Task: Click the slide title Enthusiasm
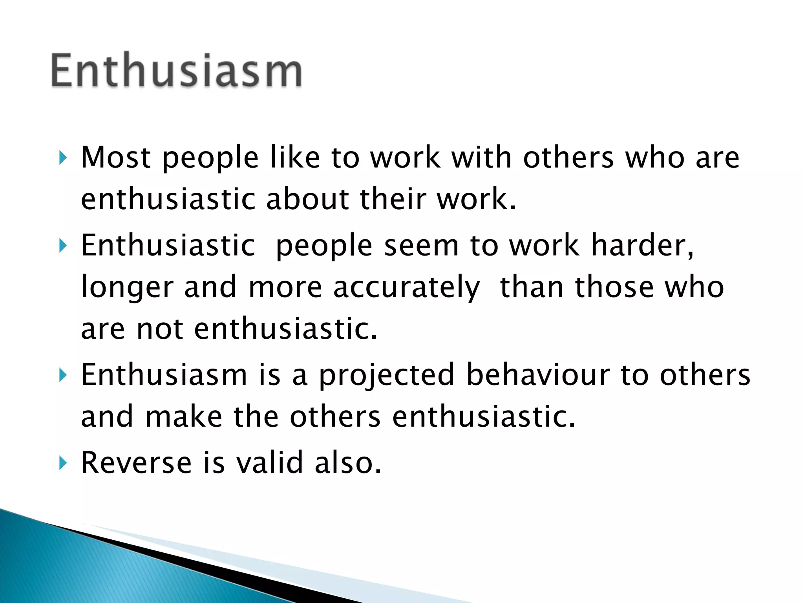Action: tap(177, 71)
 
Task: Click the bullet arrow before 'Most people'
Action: tap(63, 158)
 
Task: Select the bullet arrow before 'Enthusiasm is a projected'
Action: tap(63, 376)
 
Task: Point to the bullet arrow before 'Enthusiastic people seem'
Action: tap(63, 246)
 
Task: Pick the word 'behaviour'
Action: tap(538, 375)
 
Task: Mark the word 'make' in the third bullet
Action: tap(184, 417)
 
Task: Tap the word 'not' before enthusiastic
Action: tap(159, 329)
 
